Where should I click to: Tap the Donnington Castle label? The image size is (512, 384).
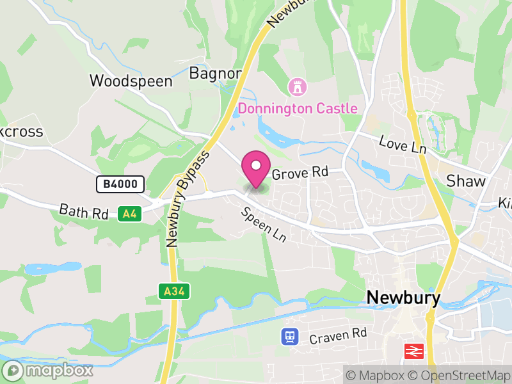[x=298, y=108]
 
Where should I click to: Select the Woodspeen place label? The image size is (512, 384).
[x=131, y=81]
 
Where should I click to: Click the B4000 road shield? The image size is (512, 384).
[x=120, y=184]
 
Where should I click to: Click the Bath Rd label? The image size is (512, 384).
[x=84, y=212]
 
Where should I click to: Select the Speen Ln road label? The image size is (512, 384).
[x=262, y=225]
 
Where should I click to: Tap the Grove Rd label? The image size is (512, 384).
[x=300, y=173]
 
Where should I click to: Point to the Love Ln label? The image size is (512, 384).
[x=403, y=144]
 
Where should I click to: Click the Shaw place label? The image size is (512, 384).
[x=466, y=180]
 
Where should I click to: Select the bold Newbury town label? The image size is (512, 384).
[x=404, y=298]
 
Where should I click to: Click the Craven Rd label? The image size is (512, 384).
[x=338, y=335]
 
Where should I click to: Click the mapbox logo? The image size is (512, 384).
[x=48, y=370]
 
